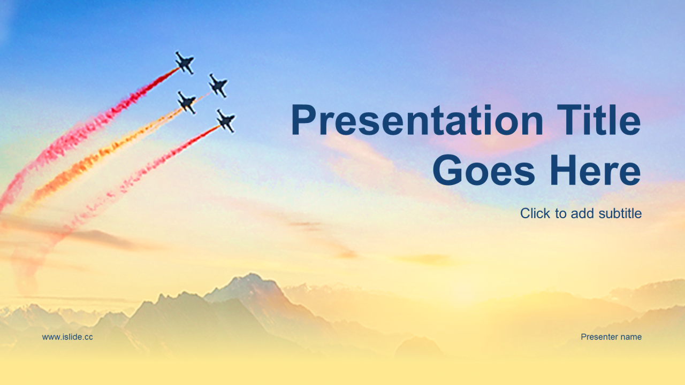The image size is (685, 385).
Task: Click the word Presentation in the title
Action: click(x=417, y=120)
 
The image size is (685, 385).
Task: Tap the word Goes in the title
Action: click(x=484, y=170)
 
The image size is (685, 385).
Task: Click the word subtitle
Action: click(x=620, y=213)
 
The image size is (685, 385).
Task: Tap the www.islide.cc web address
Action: click(x=67, y=337)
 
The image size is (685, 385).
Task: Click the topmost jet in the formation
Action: click(x=185, y=63)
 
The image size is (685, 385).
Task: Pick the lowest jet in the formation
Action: click(x=226, y=121)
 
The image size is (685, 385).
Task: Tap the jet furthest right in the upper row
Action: click(x=218, y=86)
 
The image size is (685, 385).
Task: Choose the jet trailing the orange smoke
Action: click(x=187, y=103)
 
